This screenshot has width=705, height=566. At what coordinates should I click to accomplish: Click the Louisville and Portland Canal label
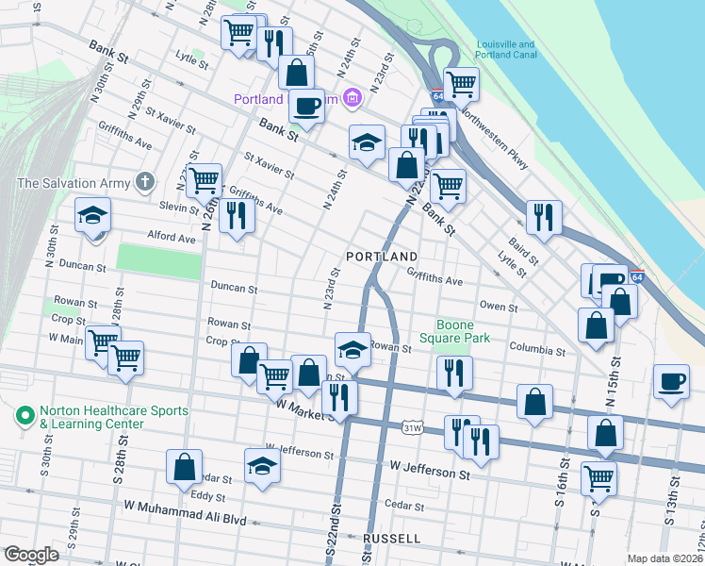512,49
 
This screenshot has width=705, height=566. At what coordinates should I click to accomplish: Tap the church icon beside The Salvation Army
144,181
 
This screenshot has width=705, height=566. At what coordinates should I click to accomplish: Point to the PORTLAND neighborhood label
381,257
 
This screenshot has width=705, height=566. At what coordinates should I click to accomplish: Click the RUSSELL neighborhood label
391,539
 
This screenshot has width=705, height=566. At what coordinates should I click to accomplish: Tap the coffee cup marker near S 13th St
670,381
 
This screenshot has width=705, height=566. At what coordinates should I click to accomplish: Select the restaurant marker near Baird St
544,216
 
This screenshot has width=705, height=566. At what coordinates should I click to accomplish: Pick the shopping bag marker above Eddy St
185,466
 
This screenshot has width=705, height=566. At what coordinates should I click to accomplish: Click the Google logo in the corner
30,556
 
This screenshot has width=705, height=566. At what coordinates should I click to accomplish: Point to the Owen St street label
498,307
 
